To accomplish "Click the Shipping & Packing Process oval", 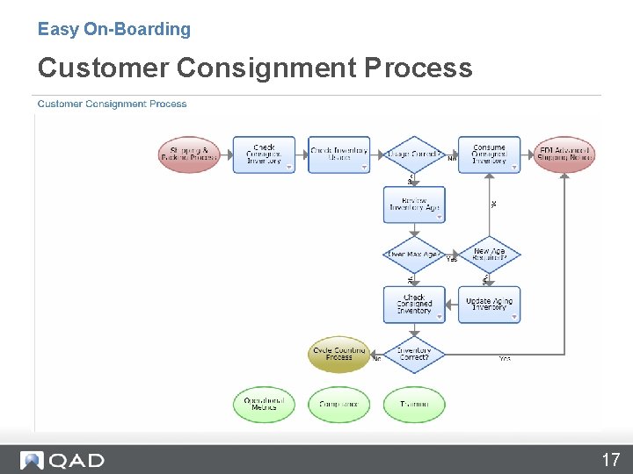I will [x=189, y=154].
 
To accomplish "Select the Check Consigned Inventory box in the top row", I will [x=264, y=154].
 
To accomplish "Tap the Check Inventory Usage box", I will [x=338, y=154].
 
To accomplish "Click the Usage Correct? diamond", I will [x=414, y=154].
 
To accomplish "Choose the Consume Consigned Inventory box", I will [x=489, y=154].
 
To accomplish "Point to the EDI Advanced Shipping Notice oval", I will [x=564, y=154].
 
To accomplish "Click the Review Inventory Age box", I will [x=414, y=205].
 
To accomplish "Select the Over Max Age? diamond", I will [x=414, y=255].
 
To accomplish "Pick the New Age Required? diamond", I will [x=489, y=255].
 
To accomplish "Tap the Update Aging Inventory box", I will [x=489, y=305].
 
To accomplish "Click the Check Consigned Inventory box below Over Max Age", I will [x=414, y=305].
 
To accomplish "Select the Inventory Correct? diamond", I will [x=414, y=355].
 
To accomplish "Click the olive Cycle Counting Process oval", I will [x=339, y=355].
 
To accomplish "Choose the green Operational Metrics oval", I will [x=264, y=404].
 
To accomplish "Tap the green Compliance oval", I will [x=339, y=404].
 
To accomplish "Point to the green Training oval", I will [x=414, y=404].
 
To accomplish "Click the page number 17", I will [x=610, y=459].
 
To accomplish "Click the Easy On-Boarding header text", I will [x=114, y=29].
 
